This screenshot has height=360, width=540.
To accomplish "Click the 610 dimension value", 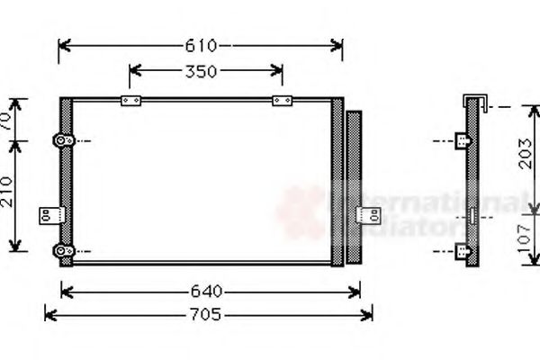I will click(202, 45).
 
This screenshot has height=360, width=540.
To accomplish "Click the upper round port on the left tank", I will click(62, 140).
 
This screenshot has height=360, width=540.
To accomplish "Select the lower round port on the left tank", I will click(62, 249).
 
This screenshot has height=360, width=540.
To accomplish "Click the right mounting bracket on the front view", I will click(368, 215).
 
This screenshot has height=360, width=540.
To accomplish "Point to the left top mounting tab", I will click(132, 99).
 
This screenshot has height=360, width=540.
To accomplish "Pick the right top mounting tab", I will click(282, 99).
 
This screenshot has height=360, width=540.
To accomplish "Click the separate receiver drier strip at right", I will click(354, 187).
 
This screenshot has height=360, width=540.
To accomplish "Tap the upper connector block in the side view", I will click(463, 140).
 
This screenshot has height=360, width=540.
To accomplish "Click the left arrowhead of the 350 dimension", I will click(133, 72).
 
